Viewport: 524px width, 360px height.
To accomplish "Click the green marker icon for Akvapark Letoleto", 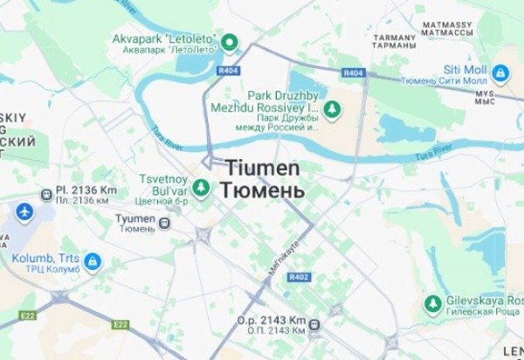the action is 230,41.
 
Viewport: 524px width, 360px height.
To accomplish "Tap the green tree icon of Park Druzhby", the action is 332,108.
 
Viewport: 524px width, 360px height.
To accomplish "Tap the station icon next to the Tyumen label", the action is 165,223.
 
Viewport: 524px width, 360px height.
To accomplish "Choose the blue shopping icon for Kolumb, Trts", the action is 93,261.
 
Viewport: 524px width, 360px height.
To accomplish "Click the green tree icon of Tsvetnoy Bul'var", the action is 201,186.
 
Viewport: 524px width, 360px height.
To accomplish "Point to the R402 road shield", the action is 299,277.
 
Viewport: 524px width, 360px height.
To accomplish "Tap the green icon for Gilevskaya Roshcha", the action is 431,303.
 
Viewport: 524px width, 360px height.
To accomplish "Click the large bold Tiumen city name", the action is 263,167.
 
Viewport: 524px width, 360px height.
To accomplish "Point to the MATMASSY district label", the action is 446,24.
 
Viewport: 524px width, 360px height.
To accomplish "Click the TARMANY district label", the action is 393,38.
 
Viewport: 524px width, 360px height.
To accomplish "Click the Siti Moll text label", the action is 465,68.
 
